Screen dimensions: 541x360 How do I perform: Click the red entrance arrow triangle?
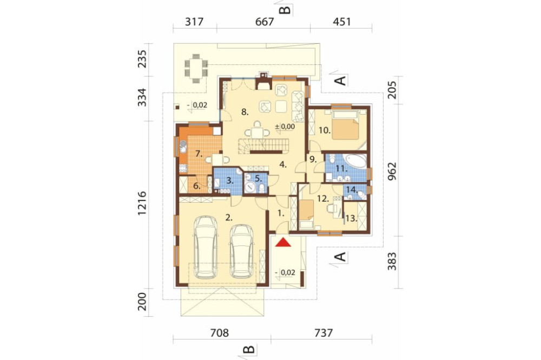pos(283,242)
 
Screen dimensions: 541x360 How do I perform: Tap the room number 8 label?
pos(245,112)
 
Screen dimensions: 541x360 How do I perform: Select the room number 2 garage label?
pos(228,217)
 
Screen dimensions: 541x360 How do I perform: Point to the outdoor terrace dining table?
pos(196,69)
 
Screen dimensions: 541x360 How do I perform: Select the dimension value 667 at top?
pos(265,22)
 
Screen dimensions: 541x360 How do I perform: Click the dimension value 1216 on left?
pos(142,203)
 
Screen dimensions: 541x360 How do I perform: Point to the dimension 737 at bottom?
pos(324,333)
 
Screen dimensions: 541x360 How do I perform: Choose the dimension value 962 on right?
pos(392,171)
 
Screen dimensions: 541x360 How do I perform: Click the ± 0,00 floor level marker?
pos(285,126)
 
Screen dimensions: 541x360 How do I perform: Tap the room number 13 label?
pos(351,218)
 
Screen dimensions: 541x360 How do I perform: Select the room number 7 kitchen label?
pos(199,154)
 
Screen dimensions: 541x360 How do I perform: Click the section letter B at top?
pos(285,9)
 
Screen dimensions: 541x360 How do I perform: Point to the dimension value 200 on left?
pos(142,302)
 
